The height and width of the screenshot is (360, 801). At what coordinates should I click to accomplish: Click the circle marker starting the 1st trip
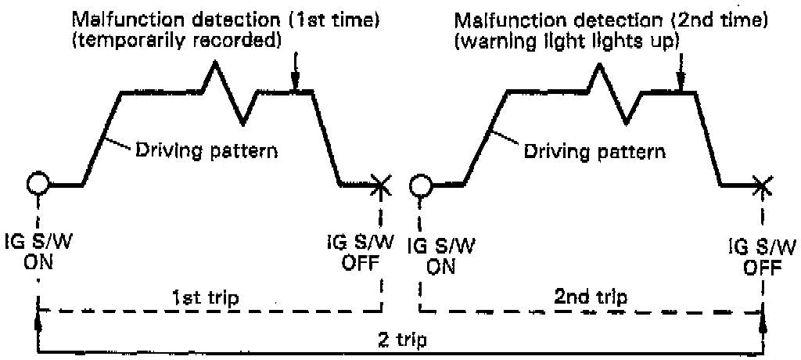(38, 184)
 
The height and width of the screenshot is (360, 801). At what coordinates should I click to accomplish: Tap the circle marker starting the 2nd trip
(420, 185)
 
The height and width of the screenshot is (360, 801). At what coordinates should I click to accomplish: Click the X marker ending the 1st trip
(381, 185)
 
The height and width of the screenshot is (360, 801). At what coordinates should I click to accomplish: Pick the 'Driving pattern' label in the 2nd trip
(594, 150)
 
